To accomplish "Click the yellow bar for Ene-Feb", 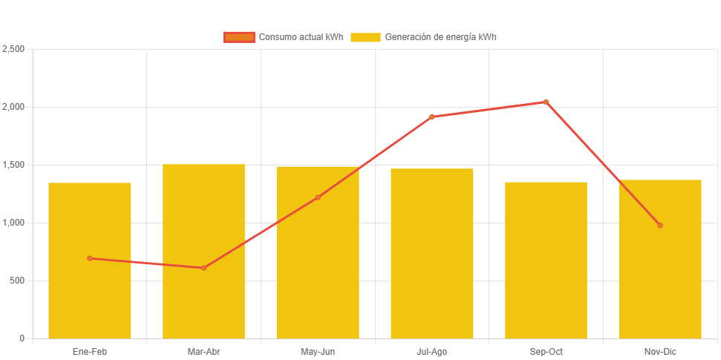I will pyautogui.click(x=90, y=297).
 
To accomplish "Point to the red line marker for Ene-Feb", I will pyautogui.click(x=90, y=258).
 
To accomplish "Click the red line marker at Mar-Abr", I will pyautogui.click(x=203, y=268).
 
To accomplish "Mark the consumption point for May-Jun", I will pyautogui.click(x=318, y=197).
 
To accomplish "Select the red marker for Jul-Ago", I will pyautogui.click(x=432, y=117).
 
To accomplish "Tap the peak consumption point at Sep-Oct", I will pyautogui.click(x=546, y=102).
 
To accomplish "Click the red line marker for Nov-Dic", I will pyautogui.click(x=660, y=226).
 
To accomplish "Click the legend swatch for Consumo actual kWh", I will pyautogui.click(x=238, y=37).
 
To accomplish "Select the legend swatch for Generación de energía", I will pyautogui.click(x=365, y=37).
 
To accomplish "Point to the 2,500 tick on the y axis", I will pyautogui.click(x=13, y=49).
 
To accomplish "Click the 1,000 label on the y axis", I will pyautogui.click(x=13, y=223).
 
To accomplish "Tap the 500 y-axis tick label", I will pyautogui.click(x=17, y=281).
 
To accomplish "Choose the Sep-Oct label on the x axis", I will pyautogui.click(x=546, y=352).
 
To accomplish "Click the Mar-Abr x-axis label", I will pyautogui.click(x=203, y=352).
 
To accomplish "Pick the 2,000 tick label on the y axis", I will pyautogui.click(x=13, y=107).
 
